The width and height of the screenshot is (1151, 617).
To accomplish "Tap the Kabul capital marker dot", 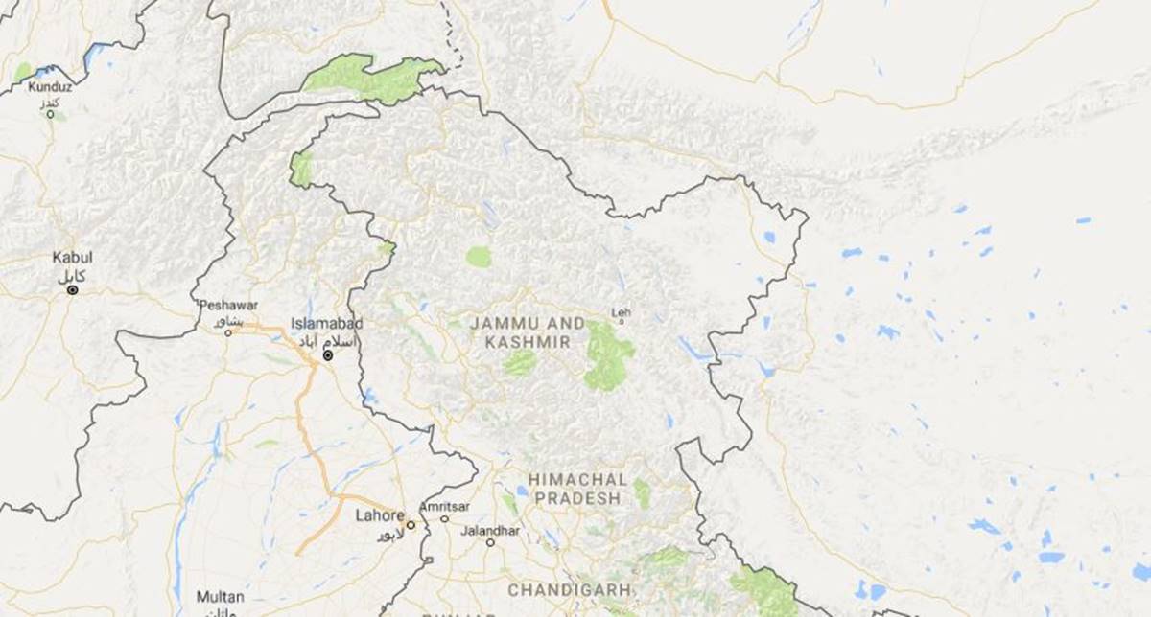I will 73,289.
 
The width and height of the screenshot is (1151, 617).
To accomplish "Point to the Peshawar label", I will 228,305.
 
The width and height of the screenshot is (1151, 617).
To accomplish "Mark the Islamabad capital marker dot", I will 328,355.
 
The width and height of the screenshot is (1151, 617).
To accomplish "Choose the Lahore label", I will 380,514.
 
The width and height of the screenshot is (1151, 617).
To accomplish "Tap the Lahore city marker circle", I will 411,525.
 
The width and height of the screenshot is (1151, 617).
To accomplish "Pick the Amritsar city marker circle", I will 444,519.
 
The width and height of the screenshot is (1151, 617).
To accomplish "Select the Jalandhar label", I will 490,530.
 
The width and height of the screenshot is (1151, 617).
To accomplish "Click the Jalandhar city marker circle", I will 489,542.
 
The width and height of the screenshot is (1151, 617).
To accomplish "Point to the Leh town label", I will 622,312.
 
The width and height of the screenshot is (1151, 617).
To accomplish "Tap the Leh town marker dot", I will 622,322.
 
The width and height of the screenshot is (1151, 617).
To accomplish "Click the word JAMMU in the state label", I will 501,324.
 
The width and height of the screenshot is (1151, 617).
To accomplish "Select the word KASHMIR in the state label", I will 528,342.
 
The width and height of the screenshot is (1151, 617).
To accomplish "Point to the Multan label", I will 220,596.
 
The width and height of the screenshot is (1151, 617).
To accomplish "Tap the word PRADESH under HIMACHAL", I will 577,498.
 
